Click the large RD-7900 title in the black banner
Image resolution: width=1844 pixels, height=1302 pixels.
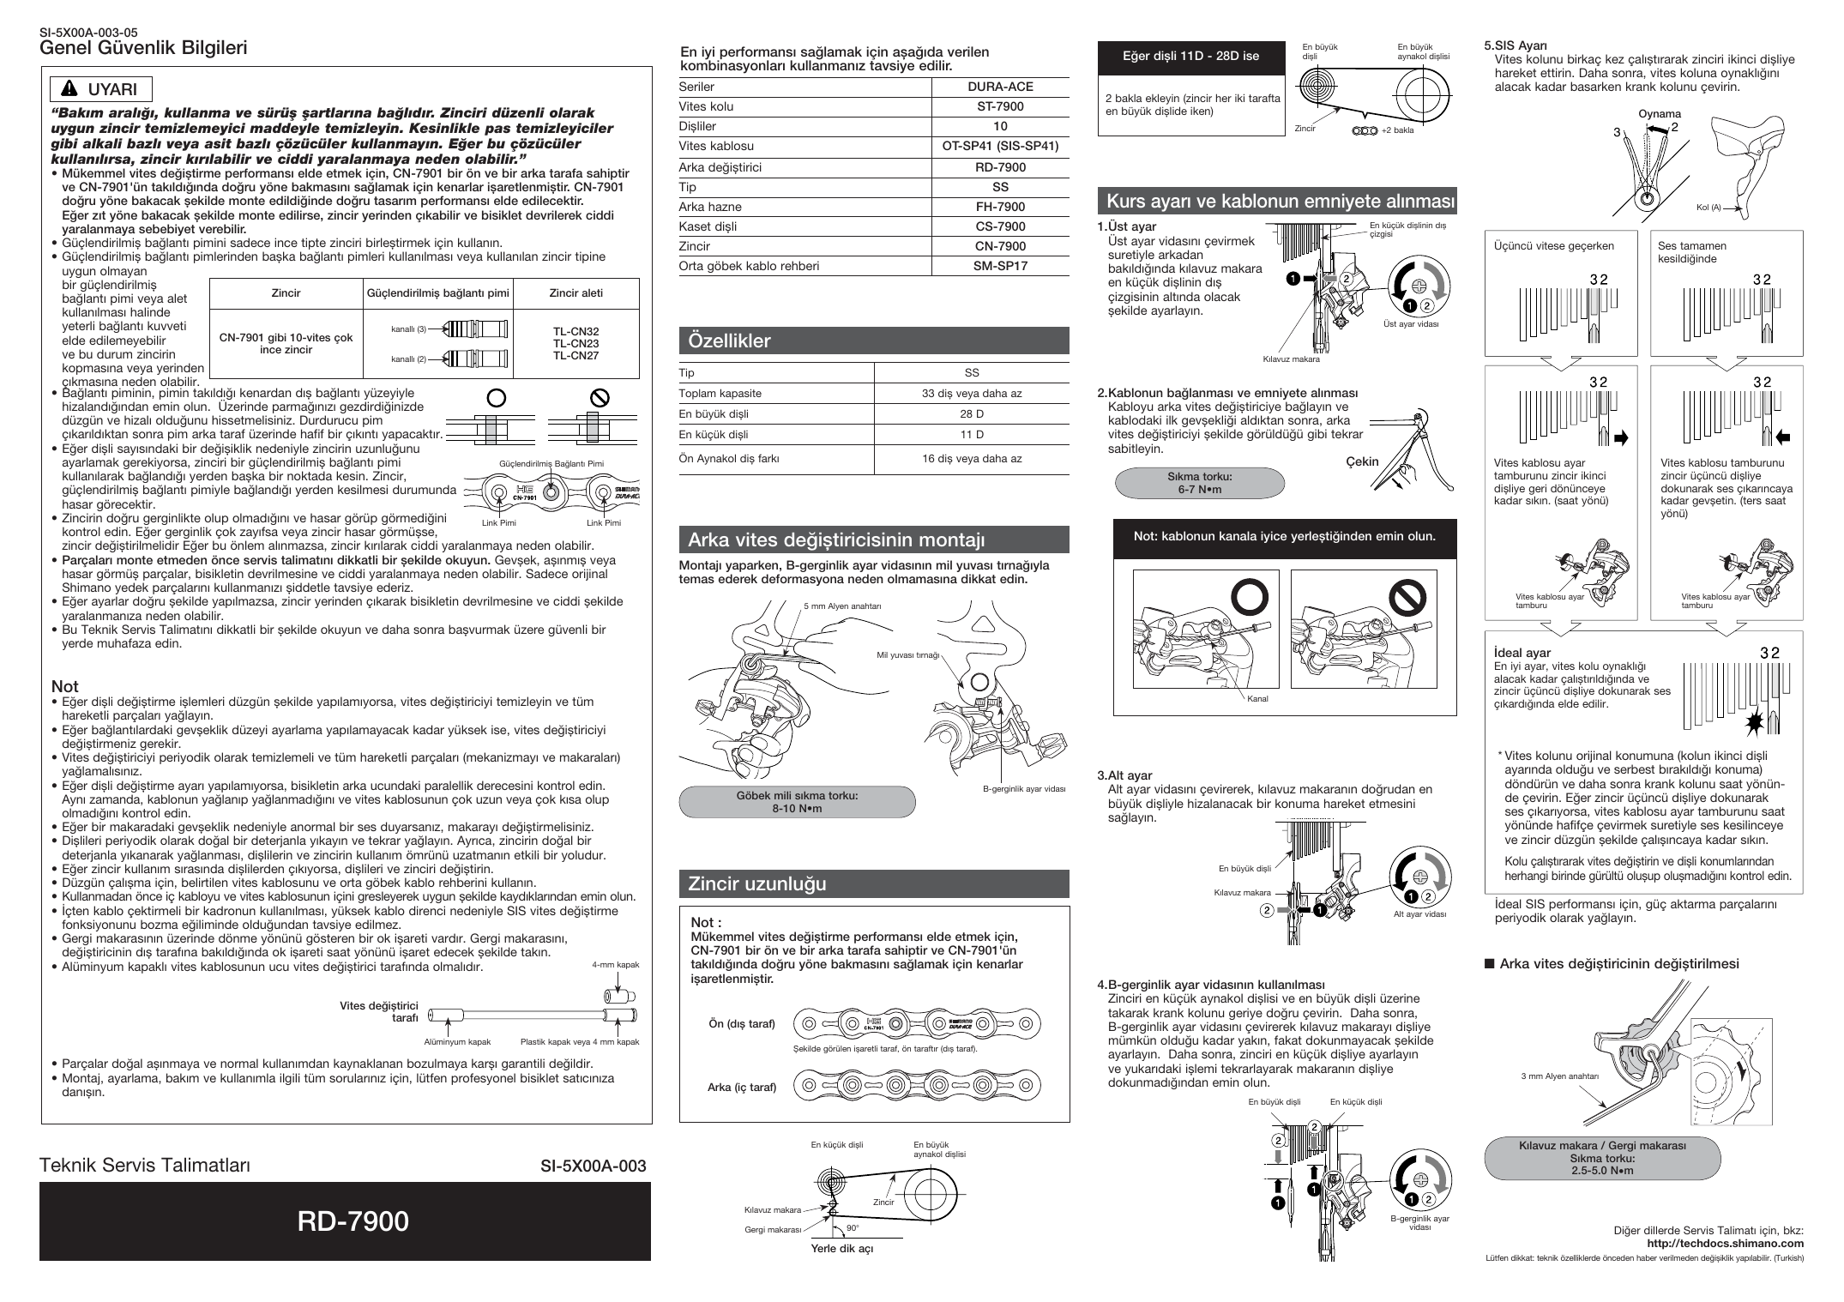[x=353, y=1221]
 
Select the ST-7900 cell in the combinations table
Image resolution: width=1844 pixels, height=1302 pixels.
[x=1000, y=106]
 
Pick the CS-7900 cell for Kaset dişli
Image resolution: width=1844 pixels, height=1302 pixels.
[x=1000, y=226]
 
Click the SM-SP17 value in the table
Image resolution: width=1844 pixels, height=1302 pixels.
[x=1000, y=266]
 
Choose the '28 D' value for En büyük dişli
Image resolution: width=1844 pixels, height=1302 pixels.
[x=972, y=413]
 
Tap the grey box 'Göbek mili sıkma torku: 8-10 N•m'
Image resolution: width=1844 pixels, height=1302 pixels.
[x=798, y=802]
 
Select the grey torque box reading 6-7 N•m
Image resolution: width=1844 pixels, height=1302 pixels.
[x=1200, y=483]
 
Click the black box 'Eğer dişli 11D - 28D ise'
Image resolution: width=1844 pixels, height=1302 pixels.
[x=1191, y=56]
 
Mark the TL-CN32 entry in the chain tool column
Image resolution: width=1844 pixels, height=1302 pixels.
[x=575, y=331]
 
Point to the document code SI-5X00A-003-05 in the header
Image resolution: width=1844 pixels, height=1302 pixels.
[x=89, y=34]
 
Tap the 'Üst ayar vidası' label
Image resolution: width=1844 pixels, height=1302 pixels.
[x=1411, y=323]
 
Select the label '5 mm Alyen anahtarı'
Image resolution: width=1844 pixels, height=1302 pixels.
[x=843, y=606]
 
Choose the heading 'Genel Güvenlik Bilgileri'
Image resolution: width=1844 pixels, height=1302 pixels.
[x=144, y=48]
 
